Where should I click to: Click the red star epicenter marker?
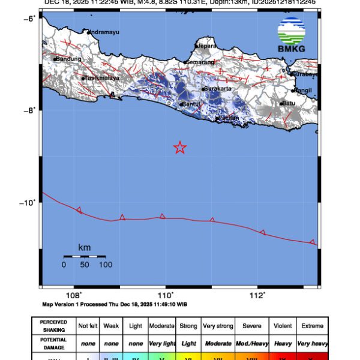(x=180, y=148)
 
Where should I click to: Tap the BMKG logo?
(x=291, y=35)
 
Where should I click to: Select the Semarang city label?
(x=200, y=62)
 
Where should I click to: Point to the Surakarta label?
(x=217, y=89)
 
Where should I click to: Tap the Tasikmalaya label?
(x=103, y=78)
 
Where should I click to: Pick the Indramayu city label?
(x=105, y=32)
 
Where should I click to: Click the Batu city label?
(x=289, y=103)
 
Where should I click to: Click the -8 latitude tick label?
(x=30, y=110)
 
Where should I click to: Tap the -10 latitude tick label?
(x=28, y=202)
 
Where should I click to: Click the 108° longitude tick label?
(x=74, y=295)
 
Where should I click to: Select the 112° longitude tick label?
(x=257, y=295)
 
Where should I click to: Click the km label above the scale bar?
(x=84, y=247)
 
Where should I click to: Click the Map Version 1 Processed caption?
(x=115, y=304)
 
